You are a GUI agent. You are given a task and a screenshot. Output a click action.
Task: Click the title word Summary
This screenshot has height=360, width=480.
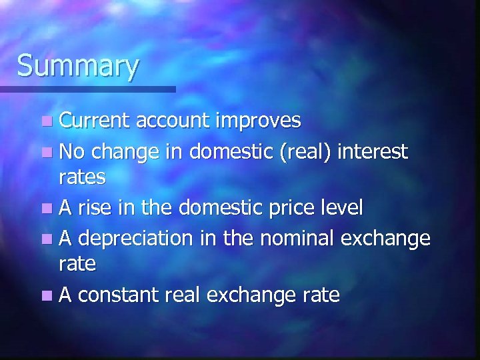(x=78, y=67)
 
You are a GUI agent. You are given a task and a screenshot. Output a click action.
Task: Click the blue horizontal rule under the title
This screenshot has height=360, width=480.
(x=87, y=89)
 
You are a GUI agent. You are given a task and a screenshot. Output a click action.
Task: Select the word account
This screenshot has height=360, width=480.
(x=175, y=121)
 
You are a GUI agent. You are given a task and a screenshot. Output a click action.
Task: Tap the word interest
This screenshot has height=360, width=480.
(x=373, y=151)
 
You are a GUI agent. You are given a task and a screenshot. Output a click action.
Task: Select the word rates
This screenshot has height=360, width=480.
(x=82, y=177)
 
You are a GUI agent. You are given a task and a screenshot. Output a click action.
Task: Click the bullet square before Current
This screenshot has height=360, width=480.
(x=45, y=121)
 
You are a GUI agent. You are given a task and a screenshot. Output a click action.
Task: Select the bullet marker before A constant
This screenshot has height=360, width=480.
(x=45, y=294)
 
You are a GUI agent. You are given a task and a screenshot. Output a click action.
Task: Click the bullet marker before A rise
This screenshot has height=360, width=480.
(x=45, y=208)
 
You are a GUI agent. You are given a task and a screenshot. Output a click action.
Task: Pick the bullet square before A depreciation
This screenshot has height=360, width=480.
(x=45, y=238)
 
